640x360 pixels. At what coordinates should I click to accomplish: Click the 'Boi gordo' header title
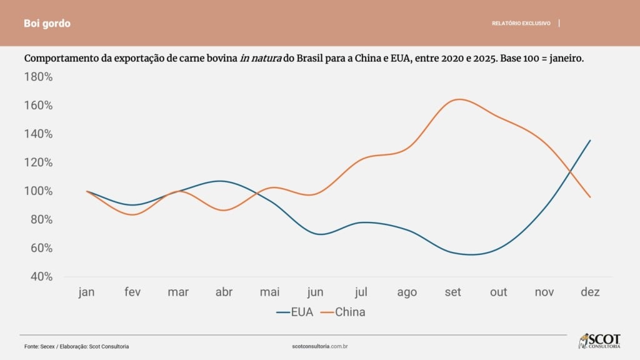tap(47, 23)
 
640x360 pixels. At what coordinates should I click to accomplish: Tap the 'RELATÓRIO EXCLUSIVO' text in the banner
tap(521, 23)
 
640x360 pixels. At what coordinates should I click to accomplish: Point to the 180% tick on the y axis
tap(38, 77)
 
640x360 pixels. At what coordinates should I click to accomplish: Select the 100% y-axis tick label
tap(38, 191)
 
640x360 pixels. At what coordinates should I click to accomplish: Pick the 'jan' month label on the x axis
tap(87, 292)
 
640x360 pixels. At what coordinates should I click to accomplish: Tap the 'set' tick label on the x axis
tap(453, 292)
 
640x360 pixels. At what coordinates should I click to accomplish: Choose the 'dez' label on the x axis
tap(590, 292)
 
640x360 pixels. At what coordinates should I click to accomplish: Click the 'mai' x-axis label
tap(270, 292)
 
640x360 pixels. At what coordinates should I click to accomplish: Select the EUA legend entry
tap(294, 312)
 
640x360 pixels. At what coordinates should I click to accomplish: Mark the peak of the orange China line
tap(459, 99)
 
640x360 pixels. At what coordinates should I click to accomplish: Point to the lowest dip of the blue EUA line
tap(472, 254)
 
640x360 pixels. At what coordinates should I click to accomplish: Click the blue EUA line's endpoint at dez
tap(590, 140)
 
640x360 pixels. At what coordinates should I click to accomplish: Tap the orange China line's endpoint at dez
tap(590, 197)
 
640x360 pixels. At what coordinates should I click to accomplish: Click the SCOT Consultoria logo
tap(599, 341)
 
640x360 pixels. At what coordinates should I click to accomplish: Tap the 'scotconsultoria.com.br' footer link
tap(320, 346)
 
